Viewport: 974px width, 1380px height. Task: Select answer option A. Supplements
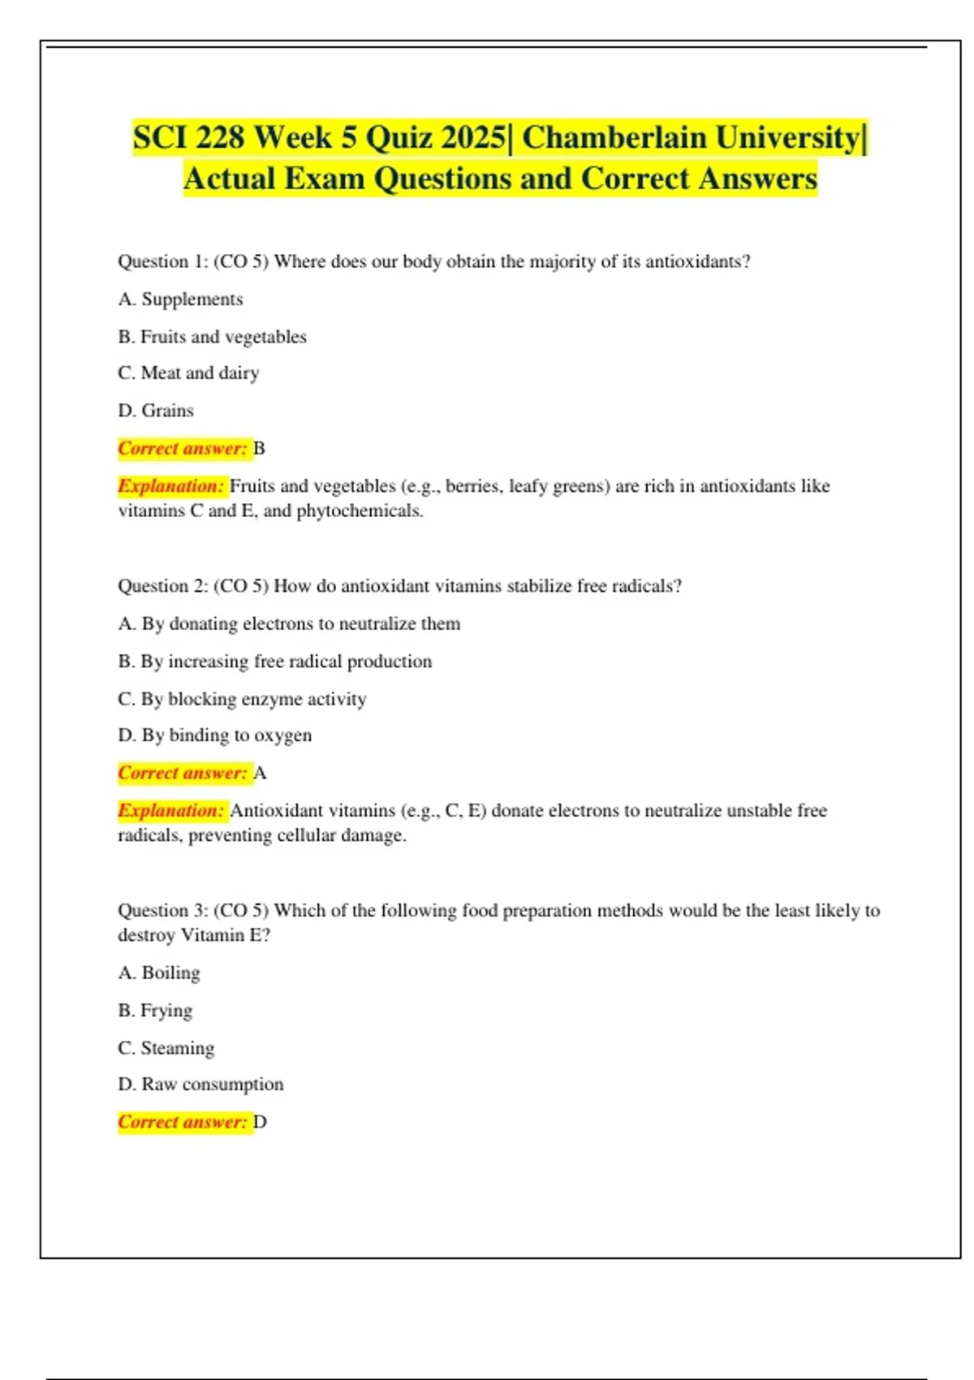pyautogui.click(x=180, y=299)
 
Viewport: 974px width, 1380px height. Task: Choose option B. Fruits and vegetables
pyautogui.click(x=212, y=336)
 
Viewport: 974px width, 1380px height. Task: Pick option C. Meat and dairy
pyautogui.click(x=188, y=373)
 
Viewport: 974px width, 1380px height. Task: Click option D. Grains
pyautogui.click(x=156, y=410)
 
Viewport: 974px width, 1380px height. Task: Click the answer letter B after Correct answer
pyautogui.click(x=259, y=448)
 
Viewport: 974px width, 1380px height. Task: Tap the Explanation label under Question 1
pyautogui.click(x=170, y=485)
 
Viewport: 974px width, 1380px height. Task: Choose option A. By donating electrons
pyautogui.click(x=289, y=623)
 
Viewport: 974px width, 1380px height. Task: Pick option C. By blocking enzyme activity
pyautogui.click(x=242, y=698)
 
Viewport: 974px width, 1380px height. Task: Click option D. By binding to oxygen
pyautogui.click(x=215, y=735)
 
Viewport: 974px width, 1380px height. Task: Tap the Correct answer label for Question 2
pyautogui.click(x=183, y=773)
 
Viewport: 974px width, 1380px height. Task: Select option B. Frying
pyautogui.click(x=155, y=1010)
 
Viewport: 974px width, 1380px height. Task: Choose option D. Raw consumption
pyautogui.click(x=200, y=1084)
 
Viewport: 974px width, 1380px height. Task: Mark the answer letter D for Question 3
pyautogui.click(x=260, y=1122)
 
